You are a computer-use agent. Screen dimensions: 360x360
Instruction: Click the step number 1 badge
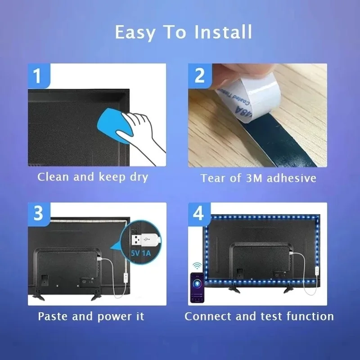click(x=38, y=75)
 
